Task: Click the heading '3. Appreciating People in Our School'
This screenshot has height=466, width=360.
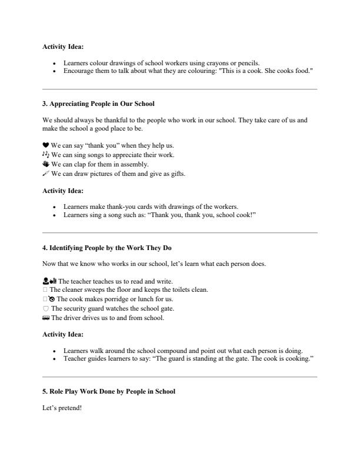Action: (98, 104)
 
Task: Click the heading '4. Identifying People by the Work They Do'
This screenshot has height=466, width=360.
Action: (107, 248)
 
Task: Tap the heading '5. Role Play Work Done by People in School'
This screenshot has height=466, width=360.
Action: (109, 391)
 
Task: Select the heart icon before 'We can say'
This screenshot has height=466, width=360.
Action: (46, 145)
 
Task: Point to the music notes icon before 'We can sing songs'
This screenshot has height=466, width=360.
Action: (46, 155)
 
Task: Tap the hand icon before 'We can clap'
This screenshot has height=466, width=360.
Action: (46, 164)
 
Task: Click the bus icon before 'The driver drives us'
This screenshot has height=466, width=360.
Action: (46, 318)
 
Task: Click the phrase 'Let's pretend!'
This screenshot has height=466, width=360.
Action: (62, 408)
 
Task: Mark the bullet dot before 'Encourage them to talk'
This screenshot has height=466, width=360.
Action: (55, 71)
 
